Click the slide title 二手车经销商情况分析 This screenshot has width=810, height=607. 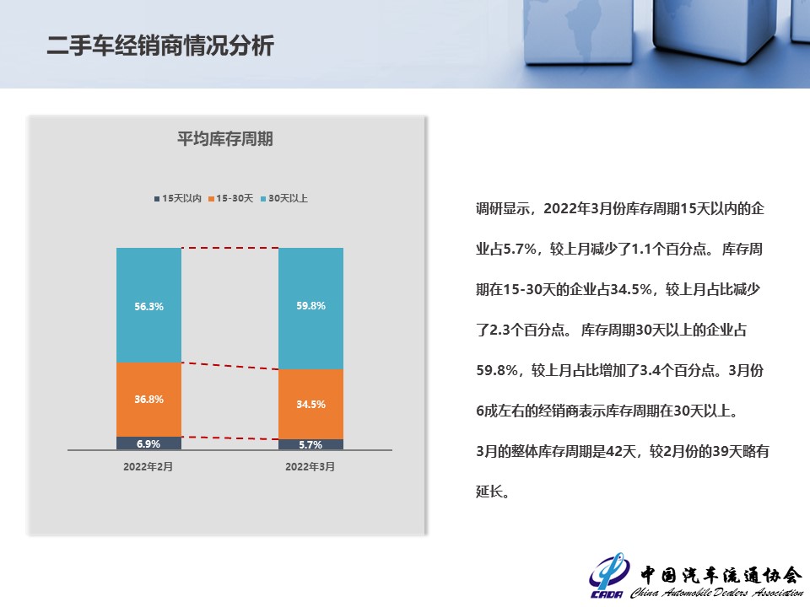click(x=160, y=46)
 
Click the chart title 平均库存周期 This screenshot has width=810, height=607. click(x=224, y=139)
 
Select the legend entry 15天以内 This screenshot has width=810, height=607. click(x=178, y=198)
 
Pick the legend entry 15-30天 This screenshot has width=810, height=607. click(x=231, y=198)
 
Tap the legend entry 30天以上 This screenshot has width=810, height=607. click(x=284, y=198)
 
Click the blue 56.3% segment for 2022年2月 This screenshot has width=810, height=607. click(x=148, y=305)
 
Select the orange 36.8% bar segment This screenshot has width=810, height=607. click(x=148, y=400)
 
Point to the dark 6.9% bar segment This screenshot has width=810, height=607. click(x=148, y=443)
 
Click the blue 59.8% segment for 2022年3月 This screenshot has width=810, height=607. click(x=311, y=309)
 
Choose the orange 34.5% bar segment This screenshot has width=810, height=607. click(x=311, y=404)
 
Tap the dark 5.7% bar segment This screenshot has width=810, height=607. click(x=311, y=444)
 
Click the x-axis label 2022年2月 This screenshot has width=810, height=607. click(x=148, y=466)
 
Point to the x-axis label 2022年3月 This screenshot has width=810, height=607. click(x=310, y=466)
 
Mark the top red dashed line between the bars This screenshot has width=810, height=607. click(x=229, y=248)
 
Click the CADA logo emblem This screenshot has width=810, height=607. click(x=609, y=576)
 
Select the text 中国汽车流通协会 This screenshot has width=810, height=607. click(x=721, y=574)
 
